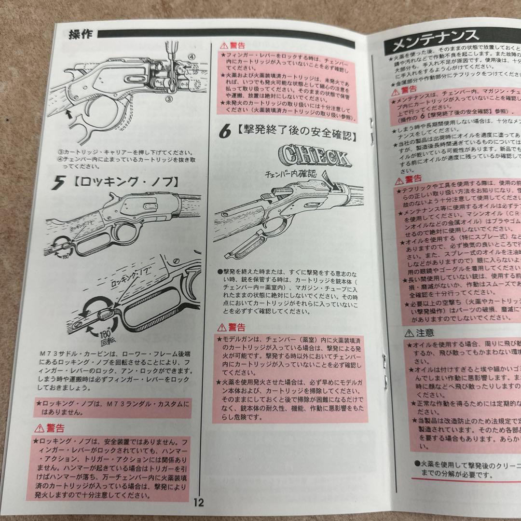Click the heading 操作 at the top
tap(81, 35)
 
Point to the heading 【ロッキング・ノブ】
tap(125, 183)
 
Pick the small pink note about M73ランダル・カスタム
tap(113, 408)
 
